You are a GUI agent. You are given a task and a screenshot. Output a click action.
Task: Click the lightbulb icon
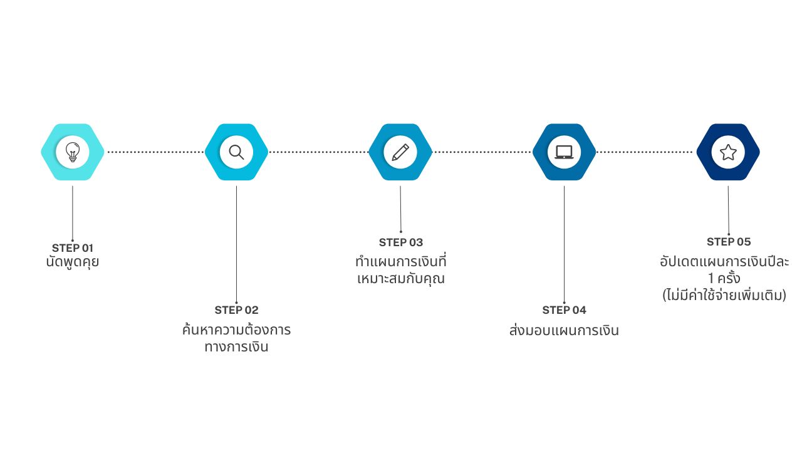pyautogui.click(x=73, y=152)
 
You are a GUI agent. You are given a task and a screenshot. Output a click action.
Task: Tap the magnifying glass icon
pyautogui.click(x=236, y=152)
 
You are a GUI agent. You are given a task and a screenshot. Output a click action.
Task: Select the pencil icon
pyautogui.click(x=400, y=152)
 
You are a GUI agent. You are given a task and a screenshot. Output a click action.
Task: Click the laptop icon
pyautogui.click(x=564, y=152)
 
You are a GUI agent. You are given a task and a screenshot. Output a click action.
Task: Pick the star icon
pyautogui.click(x=728, y=152)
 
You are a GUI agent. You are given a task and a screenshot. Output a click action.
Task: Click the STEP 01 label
pyautogui.click(x=73, y=247)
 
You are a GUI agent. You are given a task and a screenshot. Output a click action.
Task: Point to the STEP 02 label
pyautogui.click(x=236, y=310)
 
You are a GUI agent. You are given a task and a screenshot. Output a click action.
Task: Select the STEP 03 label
pyautogui.click(x=401, y=242)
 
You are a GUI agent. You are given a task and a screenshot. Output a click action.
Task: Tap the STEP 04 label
pyautogui.click(x=564, y=310)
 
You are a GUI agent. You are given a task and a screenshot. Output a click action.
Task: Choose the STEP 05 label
pyautogui.click(x=729, y=242)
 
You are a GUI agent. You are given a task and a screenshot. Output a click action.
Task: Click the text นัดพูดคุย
pyautogui.click(x=73, y=262)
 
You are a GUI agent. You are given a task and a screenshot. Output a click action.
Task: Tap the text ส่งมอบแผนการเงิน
pyautogui.click(x=564, y=331)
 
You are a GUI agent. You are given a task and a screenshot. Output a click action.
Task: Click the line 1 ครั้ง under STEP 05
pyautogui.click(x=725, y=278)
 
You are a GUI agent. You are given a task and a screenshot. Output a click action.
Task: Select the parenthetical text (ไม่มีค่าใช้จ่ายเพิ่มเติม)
pyautogui.click(x=724, y=295)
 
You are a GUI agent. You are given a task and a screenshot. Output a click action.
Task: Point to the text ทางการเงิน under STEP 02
pyautogui.click(x=236, y=347)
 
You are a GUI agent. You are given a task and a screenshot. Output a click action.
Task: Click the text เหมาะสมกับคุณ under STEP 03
pyautogui.click(x=401, y=279)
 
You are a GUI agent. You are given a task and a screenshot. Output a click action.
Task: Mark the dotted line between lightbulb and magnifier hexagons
pyautogui.click(x=155, y=152)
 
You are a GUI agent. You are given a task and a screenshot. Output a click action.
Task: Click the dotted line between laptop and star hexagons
pyautogui.click(x=646, y=152)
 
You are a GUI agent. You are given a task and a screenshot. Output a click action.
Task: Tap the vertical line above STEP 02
pyautogui.click(x=236, y=244)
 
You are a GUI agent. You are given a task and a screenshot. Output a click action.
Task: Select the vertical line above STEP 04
pyautogui.click(x=564, y=244)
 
